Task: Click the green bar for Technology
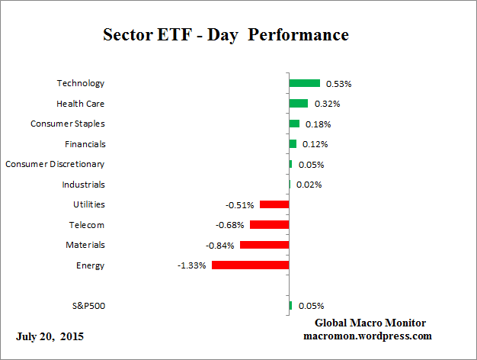(304, 83)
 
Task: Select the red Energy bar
(250, 265)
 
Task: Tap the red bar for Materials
(264, 245)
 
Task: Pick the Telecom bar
(269, 225)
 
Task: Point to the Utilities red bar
(274, 204)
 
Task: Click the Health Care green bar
(298, 104)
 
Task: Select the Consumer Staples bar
(294, 124)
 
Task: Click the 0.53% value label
(338, 84)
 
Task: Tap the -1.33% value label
(192, 266)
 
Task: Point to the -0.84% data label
(220, 246)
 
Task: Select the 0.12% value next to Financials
(315, 144)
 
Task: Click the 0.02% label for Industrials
(309, 185)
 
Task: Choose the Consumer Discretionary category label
(55, 164)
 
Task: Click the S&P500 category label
(88, 306)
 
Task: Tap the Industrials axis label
(83, 185)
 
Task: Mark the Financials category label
(85, 144)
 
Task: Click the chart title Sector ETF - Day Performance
(226, 35)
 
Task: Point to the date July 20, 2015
(50, 336)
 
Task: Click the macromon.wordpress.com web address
(367, 336)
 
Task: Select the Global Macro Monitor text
(370, 323)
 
